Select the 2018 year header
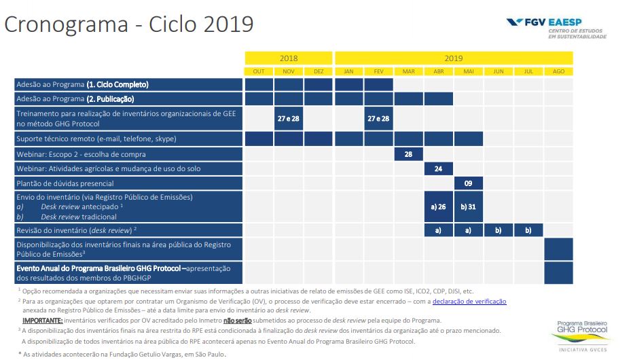click(289, 58)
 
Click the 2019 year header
click(454, 58)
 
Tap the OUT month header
click(259, 71)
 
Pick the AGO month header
click(558, 71)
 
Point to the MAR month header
click(408, 71)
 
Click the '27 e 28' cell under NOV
click(289, 119)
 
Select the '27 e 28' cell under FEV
click(378, 119)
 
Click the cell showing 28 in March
click(408, 154)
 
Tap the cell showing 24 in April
click(438, 168)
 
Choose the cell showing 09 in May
click(468, 183)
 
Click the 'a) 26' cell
click(438, 206)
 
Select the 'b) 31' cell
click(468, 206)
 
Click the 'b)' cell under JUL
click(528, 230)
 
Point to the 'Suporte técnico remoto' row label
click(96, 139)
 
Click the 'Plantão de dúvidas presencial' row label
click(65, 183)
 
